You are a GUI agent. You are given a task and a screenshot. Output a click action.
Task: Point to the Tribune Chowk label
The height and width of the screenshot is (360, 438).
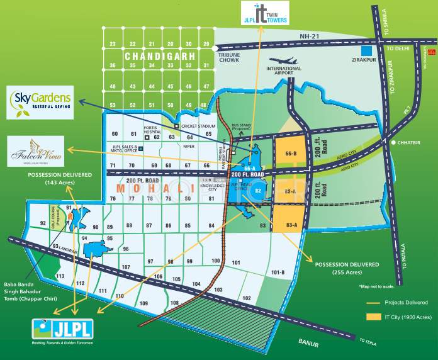tap(230, 58)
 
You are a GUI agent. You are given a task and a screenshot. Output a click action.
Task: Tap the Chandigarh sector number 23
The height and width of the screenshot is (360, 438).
tap(112, 44)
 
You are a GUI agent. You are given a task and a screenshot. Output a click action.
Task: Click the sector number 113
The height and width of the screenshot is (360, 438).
tap(60, 276)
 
